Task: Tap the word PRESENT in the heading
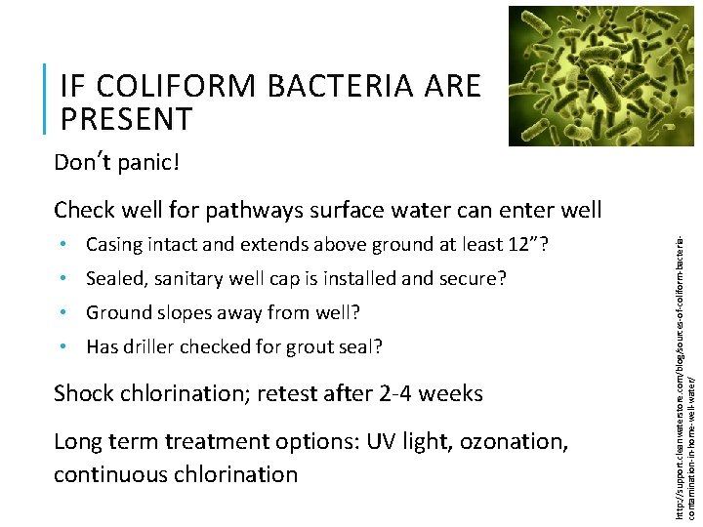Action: coord(126,119)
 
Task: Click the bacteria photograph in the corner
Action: coord(600,75)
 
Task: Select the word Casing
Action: coord(113,244)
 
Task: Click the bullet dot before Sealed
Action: coord(62,279)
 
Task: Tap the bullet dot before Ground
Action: coord(62,313)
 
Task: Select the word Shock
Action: coord(83,393)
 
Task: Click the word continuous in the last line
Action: coord(111,474)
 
